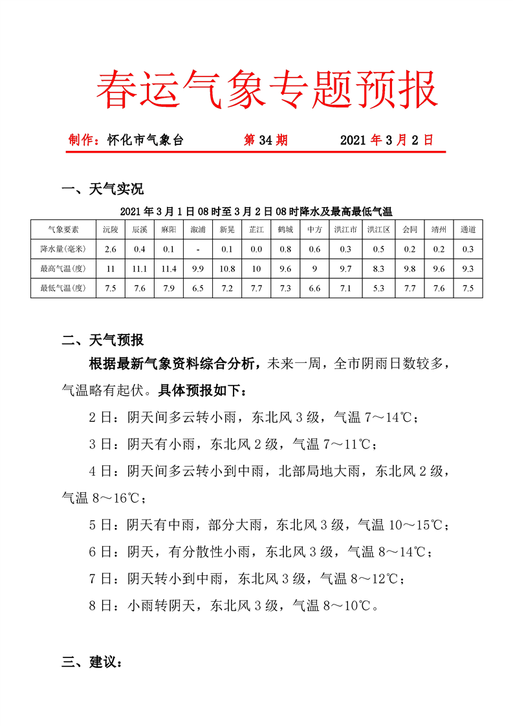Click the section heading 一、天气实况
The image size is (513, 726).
coord(102,189)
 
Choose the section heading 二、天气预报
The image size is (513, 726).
coord(102,340)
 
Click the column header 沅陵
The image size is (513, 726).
coord(110,230)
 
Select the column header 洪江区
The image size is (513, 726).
coord(378,230)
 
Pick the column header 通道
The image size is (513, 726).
coord(468,230)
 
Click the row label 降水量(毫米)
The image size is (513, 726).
coord(63,249)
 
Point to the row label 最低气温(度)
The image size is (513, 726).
coord(63,288)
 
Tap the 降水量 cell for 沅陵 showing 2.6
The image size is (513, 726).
coord(110,249)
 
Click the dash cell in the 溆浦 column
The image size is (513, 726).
coord(198,249)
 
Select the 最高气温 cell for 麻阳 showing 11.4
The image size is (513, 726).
coord(169,269)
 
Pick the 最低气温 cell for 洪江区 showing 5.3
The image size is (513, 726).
coord(378,288)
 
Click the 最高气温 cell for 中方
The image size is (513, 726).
coord(315,269)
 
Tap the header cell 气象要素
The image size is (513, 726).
coord(63,230)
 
